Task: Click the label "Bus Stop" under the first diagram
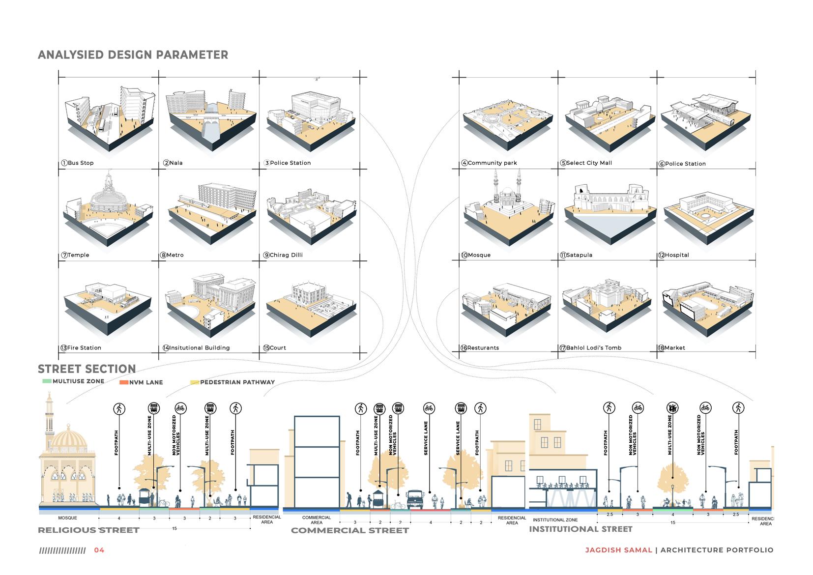click(x=81, y=163)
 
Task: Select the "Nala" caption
click(x=175, y=163)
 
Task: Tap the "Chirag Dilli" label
click(x=286, y=255)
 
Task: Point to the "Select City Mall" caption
click(x=589, y=163)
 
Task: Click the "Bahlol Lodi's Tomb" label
click(x=593, y=347)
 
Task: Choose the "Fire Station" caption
click(x=84, y=347)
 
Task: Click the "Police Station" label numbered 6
click(x=685, y=164)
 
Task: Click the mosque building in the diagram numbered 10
click(x=508, y=194)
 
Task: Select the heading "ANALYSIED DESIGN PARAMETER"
click(x=133, y=55)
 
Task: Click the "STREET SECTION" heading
click(x=87, y=369)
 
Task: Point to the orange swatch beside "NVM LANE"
click(x=124, y=382)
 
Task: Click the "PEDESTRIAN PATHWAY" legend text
click(x=237, y=382)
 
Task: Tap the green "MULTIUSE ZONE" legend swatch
click(x=47, y=381)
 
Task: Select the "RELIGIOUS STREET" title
click(x=88, y=530)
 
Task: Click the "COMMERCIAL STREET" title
click(x=349, y=530)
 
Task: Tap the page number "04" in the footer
click(x=99, y=550)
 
